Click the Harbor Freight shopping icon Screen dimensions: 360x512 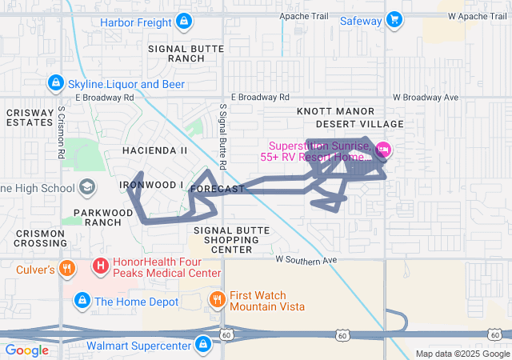coord(185,20)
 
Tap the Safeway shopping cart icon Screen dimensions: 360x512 coord(394,19)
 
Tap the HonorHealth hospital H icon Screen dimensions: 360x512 coord(102,265)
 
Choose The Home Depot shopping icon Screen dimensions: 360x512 coord(82,301)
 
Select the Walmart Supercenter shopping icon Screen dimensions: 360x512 coord(203,345)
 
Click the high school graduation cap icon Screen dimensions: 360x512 coord(85,188)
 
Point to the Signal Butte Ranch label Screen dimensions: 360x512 coord(177,54)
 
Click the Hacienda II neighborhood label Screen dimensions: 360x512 coord(154,150)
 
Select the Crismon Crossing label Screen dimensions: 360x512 coord(41,238)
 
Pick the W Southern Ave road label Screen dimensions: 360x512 coord(306,260)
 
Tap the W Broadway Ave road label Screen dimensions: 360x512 coord(426,97)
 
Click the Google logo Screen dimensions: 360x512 coord(26,350)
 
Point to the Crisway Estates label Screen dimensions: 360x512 coord(30,118)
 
